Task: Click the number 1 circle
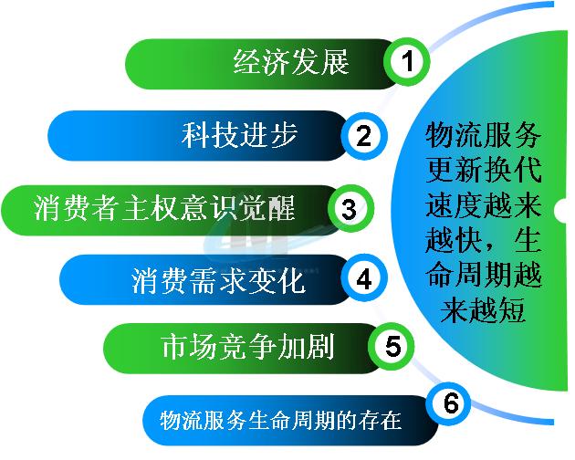coord(407,61)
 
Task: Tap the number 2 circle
coord(364,136)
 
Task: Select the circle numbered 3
coord(350,208)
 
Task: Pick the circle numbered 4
coord(364,279)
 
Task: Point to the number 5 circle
coord(392,346)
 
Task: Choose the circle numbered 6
coord(448,402)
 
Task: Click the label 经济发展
coord(291,62)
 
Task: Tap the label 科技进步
coord(239,135)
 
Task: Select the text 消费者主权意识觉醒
coord(164,208)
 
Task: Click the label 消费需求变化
coord(218,280)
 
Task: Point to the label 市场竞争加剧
coord(248,347)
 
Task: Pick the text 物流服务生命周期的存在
coord(280,420)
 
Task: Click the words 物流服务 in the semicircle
coord(484,135)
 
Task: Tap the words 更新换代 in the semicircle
coord(484,170)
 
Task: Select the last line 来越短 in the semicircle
coord(483,310)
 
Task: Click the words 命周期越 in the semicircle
coord(484,275)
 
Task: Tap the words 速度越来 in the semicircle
coord(484,205)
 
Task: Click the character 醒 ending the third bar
coord(282,208)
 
